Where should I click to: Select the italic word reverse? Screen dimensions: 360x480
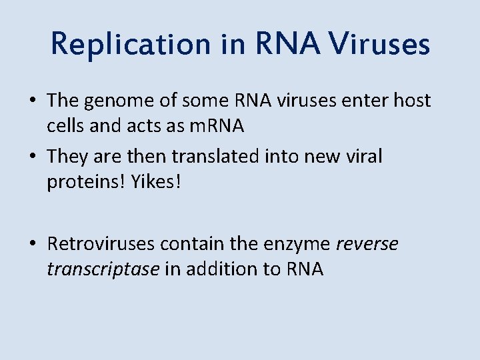pyautogui.click(x=367, y=245)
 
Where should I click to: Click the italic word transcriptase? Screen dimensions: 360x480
pyautogui.click(x=103, y=269)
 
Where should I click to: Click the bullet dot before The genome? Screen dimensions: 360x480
pyautogui.click(x=33, y=102)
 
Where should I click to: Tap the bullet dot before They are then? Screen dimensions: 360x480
pyautogui.click(x=33, y=157)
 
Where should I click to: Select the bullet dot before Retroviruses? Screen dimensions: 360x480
pyautogui.click(x=33, y=245)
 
